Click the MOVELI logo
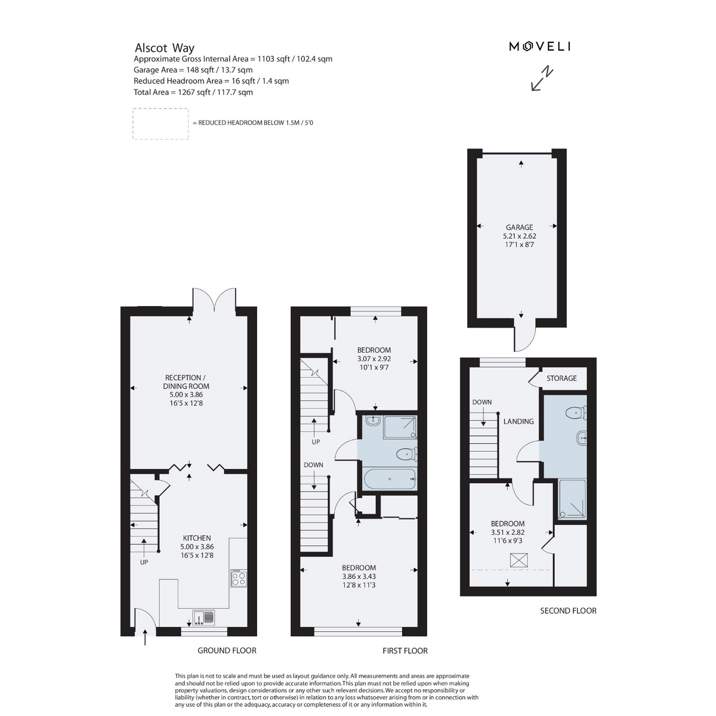coord(539,47)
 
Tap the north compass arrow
coord(542,78)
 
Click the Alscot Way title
coord(164,48)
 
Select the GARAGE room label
coord(519,227)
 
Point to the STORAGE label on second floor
coord(561,378)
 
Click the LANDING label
coord(519,421)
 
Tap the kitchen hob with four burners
coord(239,578)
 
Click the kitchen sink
coord(203,617)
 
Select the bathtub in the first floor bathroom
coord(390,479)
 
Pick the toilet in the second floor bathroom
coord(576,412)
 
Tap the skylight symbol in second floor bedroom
coord(519,560)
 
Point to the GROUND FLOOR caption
coord(227,650)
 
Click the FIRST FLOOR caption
coord(405,650)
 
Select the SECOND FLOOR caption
coord(568,610)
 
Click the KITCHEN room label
coord(197,538)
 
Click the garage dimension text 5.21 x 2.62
coord(520,236)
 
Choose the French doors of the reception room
coord(214,300)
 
